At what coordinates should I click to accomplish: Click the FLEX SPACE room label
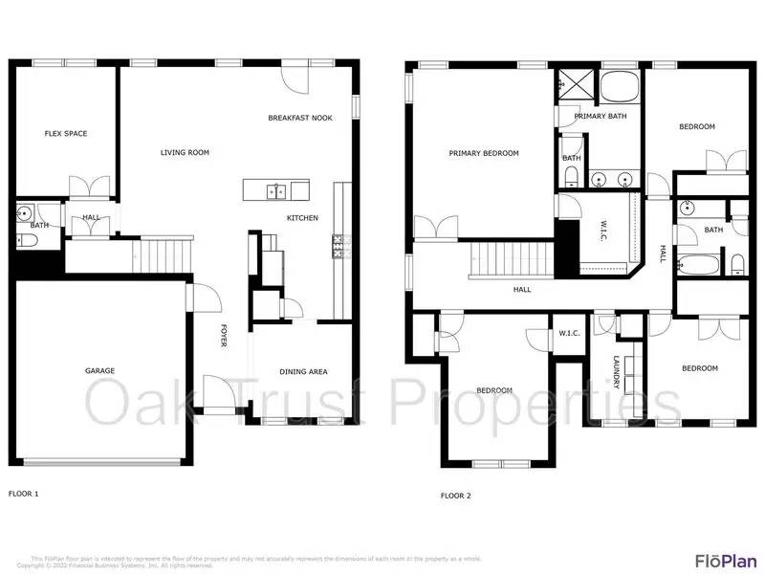point(66,134)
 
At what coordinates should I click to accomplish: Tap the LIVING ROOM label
point(185,152)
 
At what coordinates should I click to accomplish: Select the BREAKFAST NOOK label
point(300,118)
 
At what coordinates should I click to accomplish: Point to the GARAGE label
point(99,370)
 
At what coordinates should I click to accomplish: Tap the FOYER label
point(225,336)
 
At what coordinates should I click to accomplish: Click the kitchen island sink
point(276,190)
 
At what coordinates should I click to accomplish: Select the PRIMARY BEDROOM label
point(484,153)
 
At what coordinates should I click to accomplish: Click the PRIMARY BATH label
point(601,116)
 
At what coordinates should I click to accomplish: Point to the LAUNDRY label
point(616,372)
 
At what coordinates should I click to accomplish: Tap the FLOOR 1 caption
point(24,494)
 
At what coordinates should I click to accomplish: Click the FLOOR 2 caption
point(456,496)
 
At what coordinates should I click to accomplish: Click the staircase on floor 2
point(502,257)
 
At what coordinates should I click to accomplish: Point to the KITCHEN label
point(303,218)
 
